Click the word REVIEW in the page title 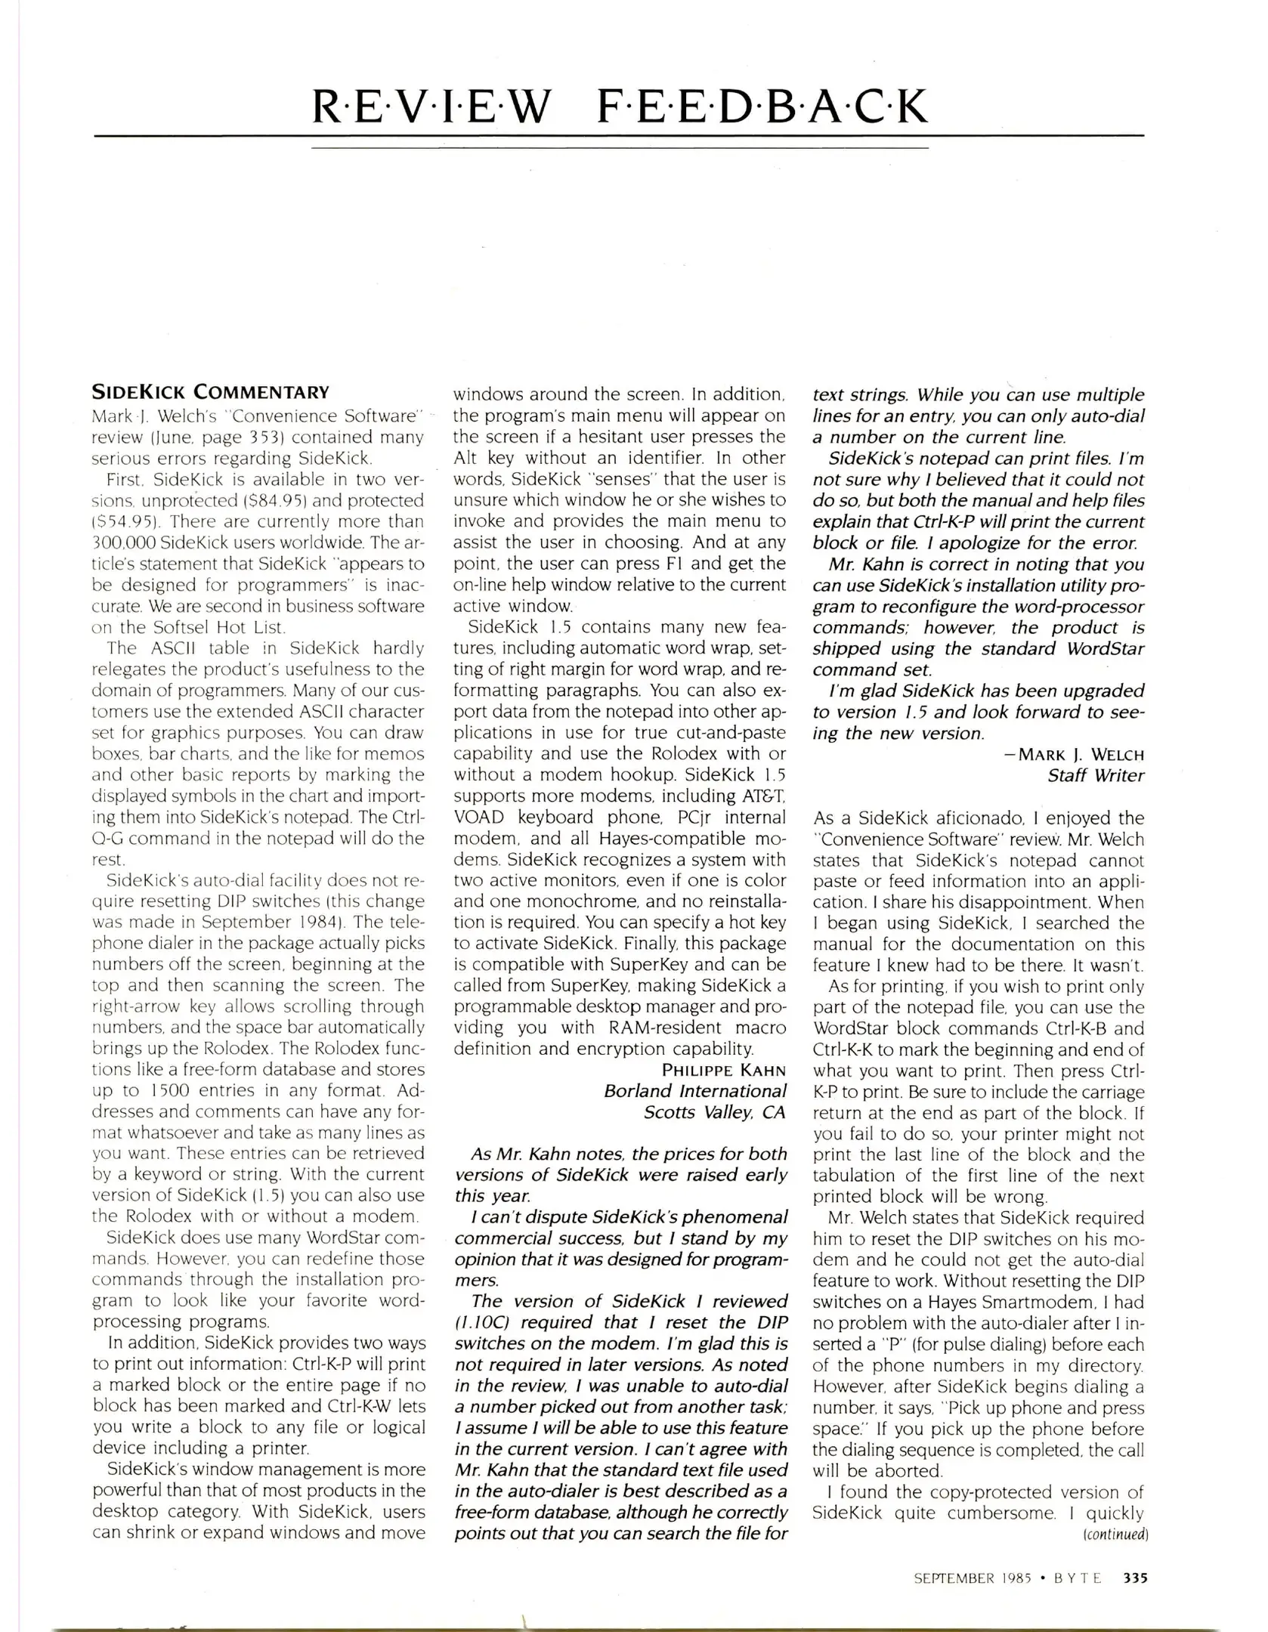tap(433, 107)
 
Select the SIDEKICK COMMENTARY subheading tap(210, 392)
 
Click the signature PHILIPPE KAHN tap(723, 1070)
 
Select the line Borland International tap(694, 1091)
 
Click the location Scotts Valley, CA tap(714, 1112)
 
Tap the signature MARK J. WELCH tap(1081, 754)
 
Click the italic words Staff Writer tap(1096, 775)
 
